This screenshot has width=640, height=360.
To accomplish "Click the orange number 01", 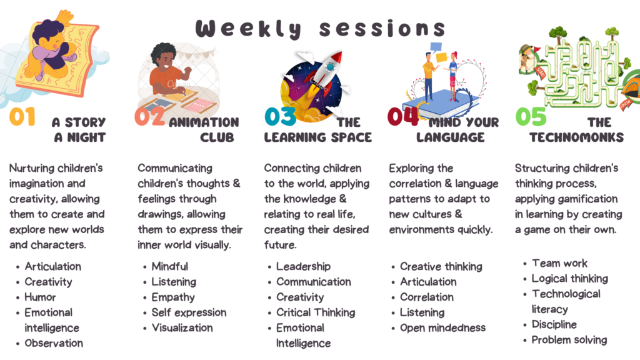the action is tap(22, 117).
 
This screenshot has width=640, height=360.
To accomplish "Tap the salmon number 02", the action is tap(150, 116).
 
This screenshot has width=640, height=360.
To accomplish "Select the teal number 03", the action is tap(280, 116).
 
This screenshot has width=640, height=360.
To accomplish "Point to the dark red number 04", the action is tap(403, 116).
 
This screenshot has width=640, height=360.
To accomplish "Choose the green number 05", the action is tap(531, 116).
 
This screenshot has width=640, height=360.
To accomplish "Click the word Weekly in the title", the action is tap(248, 29).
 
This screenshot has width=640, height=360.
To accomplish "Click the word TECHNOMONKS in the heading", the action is tap(577, 137).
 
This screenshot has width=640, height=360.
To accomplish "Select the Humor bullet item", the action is tap(40, 297).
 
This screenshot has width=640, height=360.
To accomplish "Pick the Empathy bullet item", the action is tap(173, 297).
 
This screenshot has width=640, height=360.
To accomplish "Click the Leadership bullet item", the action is tap(303, 266).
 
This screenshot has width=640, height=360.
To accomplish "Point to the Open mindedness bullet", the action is tap(443, 327).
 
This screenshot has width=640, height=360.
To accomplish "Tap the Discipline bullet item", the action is tap(554, 324).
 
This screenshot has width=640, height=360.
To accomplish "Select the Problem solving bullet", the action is tap(569, 340).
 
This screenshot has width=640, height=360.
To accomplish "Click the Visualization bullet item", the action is tap(182, 327).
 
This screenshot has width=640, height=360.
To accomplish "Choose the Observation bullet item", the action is tap(54, 343).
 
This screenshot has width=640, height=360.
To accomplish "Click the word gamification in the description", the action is tap(591, 199).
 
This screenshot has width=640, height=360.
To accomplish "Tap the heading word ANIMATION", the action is tap(204, 122).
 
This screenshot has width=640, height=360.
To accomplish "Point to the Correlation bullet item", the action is tap(426, 297).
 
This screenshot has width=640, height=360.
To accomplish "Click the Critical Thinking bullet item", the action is tap(316, 312).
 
